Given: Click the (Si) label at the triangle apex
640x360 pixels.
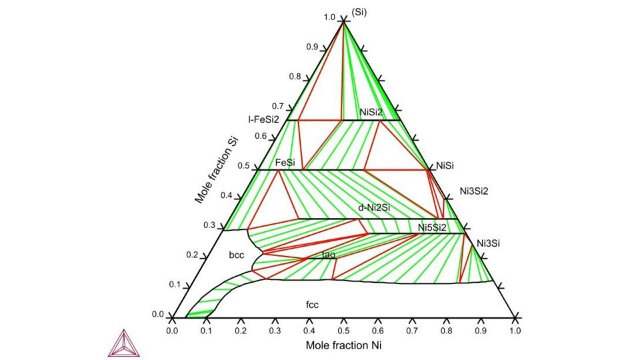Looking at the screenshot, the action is pyautogui.click(x=359, y=12).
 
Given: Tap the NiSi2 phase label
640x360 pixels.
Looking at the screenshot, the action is pyautogui.click(x=371, y=111).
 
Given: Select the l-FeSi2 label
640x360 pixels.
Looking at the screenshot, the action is pyautogui.click(x=264, y=119).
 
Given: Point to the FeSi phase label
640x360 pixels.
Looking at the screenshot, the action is pyautogui.click(x=285, y=163).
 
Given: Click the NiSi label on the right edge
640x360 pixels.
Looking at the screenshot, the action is pyautogui.click(x=445, y=166).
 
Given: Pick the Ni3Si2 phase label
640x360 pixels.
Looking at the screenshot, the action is pyautogui.click(x=474, y=191).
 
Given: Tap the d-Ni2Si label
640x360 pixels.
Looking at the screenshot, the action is pyautogui.click(x=374, y=208).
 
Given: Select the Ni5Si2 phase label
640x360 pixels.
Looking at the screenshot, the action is pyautogui.click(x=432, y=228).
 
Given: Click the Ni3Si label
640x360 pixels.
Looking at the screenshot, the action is pyautogui.click(x=489, y=244).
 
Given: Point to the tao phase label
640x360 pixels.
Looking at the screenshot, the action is pyautogui.click(x=329, y=255).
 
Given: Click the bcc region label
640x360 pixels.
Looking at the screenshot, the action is pyautogui.click(x=237, y=255).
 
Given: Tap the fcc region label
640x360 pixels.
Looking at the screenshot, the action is pyautogui.click(x=312, y=305).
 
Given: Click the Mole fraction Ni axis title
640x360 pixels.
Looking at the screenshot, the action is pyautogui.click(x=344, y=346).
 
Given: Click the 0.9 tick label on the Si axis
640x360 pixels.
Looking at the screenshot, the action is pyautogui.click(x=312, y=47).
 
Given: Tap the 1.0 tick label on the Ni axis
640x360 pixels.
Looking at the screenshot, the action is pyautogui.click(x=515, y=331).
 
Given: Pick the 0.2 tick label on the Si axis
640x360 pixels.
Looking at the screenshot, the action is pyautogui.click(x=192, y=255).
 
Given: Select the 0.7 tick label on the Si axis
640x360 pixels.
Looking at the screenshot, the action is pyautogui.click(x=278, y=107).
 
